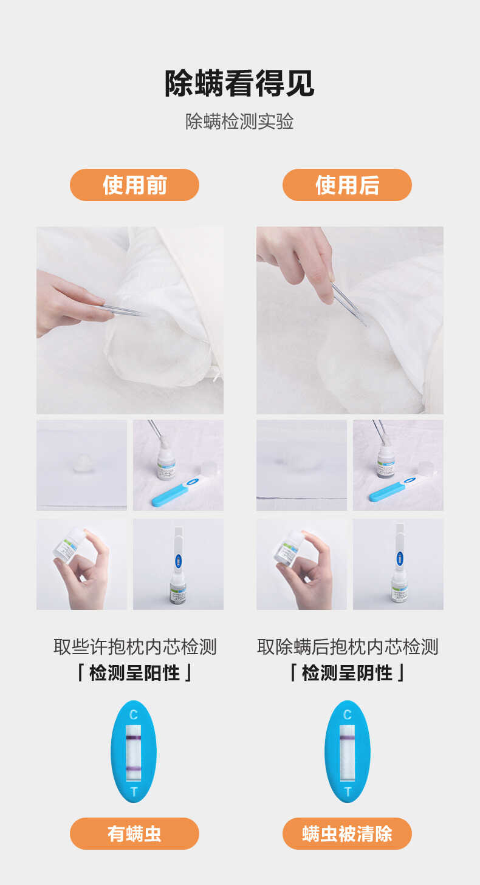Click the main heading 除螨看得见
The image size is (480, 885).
click(x=239, y=83)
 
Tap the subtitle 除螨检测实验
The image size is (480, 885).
click(x=239, y=121)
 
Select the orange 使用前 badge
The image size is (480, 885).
click(x=134, y=185)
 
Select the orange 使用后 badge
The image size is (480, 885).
click(x=347, y=185)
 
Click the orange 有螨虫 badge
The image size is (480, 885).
click(x=134, y=833)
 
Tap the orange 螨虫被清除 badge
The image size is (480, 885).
click(x=347, y=833)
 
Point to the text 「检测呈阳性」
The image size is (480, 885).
click(x=134, y=673)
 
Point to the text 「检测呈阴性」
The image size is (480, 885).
click(x=347, y=673)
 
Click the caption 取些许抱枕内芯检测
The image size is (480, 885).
click(x=134, y=647)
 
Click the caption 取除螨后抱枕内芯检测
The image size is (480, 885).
click(x=347, y=647)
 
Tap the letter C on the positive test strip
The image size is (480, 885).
click(x=134, y=715)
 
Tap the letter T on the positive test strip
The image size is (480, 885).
click(x=134, y=792)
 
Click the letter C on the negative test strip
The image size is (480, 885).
click(x=347, y=715)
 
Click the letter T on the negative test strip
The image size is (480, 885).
click(x=348, y=792)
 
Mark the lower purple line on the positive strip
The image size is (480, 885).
click(x=134, y=770)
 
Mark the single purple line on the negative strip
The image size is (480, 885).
click(x=347, y=738)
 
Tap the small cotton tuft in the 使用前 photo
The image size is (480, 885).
click(x=81, y=465)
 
